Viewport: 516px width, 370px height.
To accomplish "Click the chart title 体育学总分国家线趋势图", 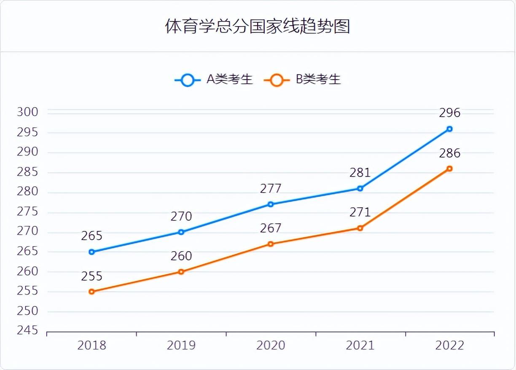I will [x=258, y=27].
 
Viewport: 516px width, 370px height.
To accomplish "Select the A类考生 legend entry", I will [x=214, y=79].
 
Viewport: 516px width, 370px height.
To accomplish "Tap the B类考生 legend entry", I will [x=302, y=79].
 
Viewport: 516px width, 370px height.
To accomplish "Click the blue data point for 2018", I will [x=92, y=252].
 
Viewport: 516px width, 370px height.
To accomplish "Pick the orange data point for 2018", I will [x=92, y=292].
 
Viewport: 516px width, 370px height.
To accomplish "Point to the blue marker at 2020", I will [x=271, y=204].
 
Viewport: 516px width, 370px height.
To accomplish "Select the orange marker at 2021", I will [x=360, y=228].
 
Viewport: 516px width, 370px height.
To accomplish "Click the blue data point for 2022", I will [x=449, y=129].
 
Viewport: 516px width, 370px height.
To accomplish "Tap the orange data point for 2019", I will [x=181, y=272].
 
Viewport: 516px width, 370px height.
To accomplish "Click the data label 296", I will [x=449, y=113].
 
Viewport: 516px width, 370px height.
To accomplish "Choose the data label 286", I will [x=449, y=153].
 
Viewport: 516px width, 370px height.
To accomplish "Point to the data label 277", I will [x=271, y=188].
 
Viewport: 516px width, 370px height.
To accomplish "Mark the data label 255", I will [x=92, y=276].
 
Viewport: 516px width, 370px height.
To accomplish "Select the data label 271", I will [x=360, y=212].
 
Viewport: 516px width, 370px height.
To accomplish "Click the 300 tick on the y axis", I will [x=28, y=112].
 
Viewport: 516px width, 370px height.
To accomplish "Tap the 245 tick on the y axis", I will [x=28, y=331].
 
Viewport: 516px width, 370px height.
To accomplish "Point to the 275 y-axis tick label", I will [x=28, y=212].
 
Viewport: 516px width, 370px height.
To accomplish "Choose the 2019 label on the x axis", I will [x=181, y=346].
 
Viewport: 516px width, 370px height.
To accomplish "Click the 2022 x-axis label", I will [x=449, y=346].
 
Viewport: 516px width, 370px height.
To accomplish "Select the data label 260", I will [x=181, y=256].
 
